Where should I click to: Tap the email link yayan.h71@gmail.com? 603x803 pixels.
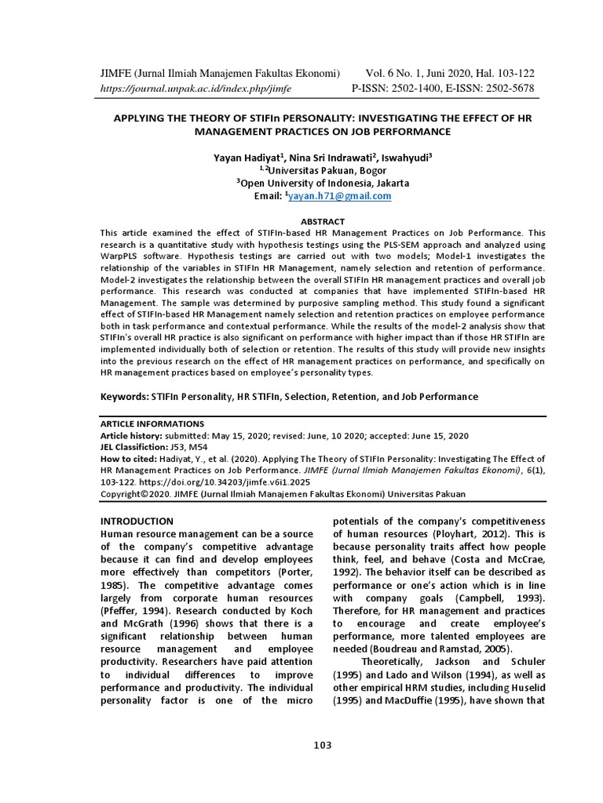(x=339, y=196)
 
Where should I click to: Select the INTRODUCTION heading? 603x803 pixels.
(x=137, y=521)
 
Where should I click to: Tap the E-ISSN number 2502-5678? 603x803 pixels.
(x=503, y=88)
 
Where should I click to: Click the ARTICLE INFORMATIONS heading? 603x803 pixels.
(x=152, y=423)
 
